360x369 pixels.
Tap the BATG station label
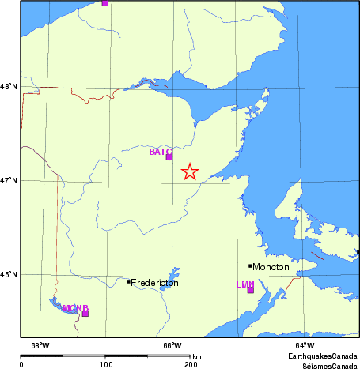[161, 152]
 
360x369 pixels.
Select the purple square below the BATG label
[169, 157]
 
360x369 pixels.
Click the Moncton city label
[271, 267]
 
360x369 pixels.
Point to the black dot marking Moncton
[250, 265]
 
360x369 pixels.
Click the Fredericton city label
[154, 282]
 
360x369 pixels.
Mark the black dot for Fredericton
[129, 281]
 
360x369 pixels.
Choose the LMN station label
[244, 284]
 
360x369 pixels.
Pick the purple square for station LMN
[251, 290]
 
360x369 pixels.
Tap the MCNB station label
[75, 307]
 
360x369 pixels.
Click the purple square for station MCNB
[85, 313]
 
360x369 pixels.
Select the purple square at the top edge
[104, 3]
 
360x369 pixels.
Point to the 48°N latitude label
[9, 87]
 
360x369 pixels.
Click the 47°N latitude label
[9, 181]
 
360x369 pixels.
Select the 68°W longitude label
[40, 345]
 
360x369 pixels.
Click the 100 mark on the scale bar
[105, 364]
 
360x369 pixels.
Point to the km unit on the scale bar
[196, 356]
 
